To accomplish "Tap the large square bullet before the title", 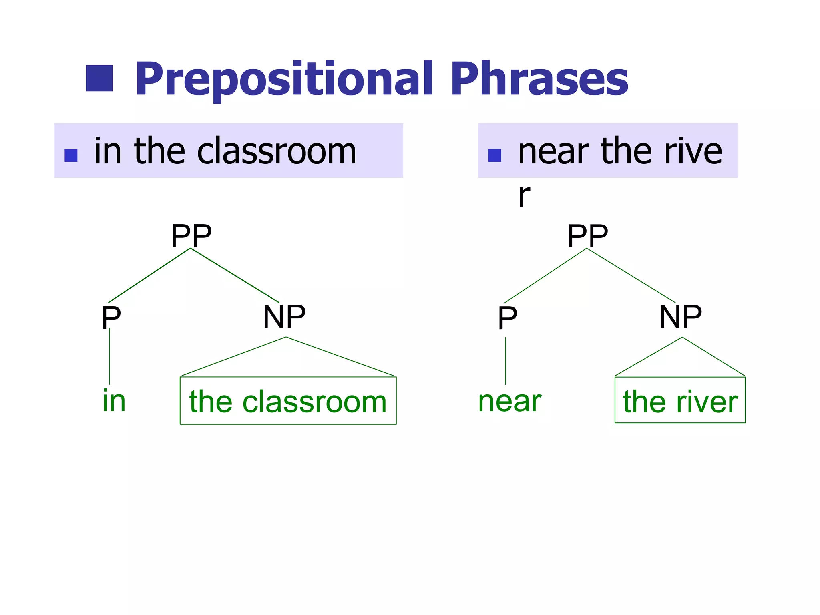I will [99, 78].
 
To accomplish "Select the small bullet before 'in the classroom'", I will [71, 155].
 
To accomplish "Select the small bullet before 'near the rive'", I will [495, 155].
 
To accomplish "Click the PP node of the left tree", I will [191, 236].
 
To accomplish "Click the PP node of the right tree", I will [587, 236].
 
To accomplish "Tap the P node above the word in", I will [111, 317].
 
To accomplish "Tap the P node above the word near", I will [507, 317].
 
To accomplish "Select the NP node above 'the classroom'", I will [284, 316].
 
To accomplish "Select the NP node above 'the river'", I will [681, 316].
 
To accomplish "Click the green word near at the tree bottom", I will [510, 401].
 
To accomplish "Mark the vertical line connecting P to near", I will [506, 360].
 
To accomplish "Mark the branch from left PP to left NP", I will [235, 275].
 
